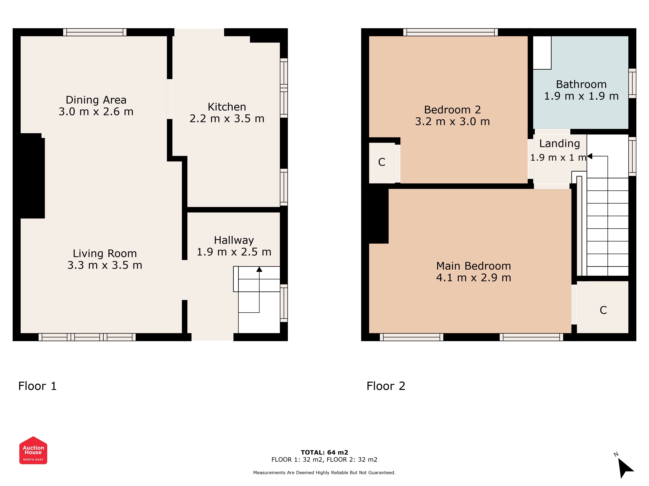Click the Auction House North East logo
click(33, 450)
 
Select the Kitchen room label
click(227, 107)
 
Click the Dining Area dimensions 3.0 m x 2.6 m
click(96, 112)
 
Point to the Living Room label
click(105, 253)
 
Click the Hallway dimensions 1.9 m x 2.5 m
click(234, 252)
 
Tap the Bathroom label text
click(581, 84)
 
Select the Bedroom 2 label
click(452, 110)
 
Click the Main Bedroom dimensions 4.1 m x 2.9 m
click(474, 278)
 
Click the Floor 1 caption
click(37, 386)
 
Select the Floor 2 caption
click(386, 386)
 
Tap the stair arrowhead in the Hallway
click(259, 269)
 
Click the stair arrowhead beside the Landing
click(590, 156)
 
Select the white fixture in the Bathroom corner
click(542, 53)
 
